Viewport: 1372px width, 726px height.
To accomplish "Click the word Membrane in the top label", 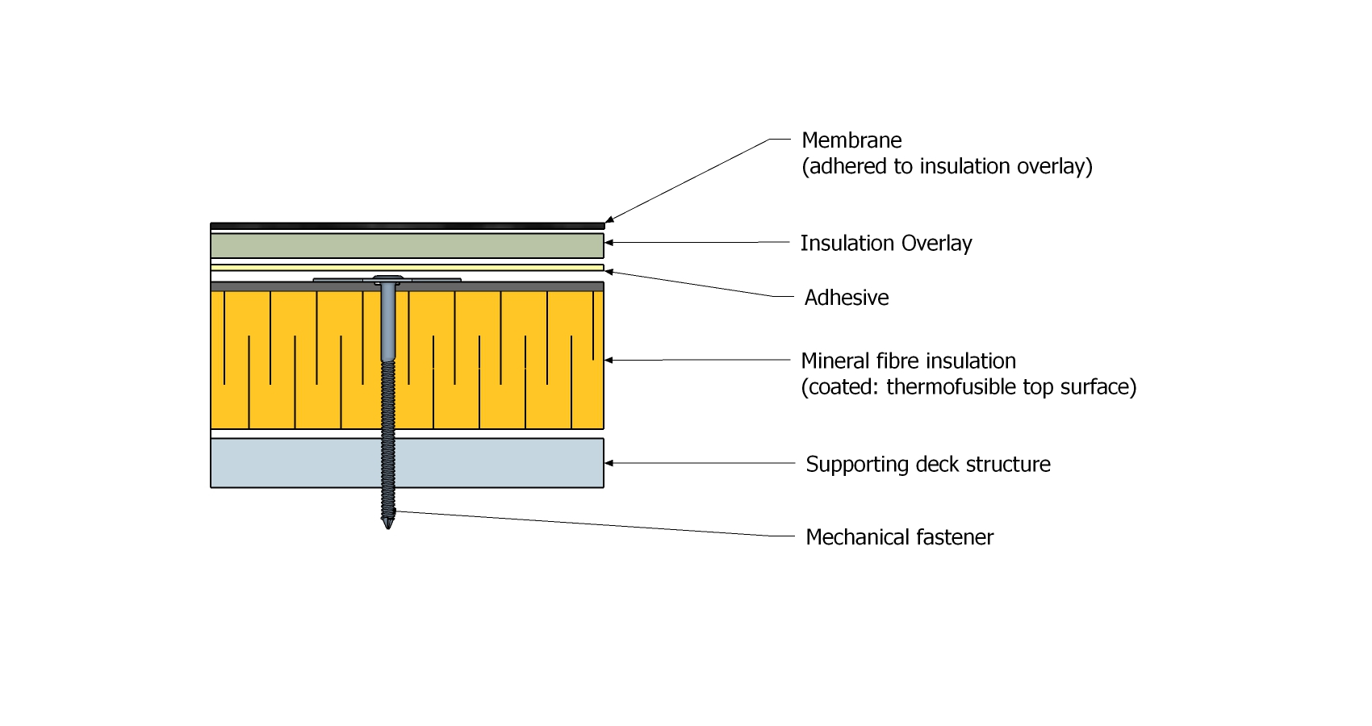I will tap(851, 140).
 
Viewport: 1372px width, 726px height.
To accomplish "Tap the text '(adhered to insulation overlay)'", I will tap(947, 166).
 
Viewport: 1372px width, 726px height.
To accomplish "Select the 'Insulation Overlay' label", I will tap(885, 244).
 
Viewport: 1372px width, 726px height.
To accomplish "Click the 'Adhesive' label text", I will tap(847, 298).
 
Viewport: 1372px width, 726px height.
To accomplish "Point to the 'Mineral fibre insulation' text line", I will tap(908, 361).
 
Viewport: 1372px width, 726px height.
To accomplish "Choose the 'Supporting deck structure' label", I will tap(928, 465).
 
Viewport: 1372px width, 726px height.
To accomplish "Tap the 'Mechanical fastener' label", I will tap(899, 537).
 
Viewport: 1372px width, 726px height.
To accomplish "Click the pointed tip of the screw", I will tap(388, 525).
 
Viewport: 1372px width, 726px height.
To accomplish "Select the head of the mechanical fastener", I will tap(387, 280).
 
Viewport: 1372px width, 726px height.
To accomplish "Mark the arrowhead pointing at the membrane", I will tap(609, 219).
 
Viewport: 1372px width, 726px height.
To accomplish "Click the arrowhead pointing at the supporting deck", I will tap(609, 463).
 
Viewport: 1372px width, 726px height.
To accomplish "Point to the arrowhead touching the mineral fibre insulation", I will tap(609, 360).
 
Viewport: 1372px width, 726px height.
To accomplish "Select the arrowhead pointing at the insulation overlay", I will tap(609, 242).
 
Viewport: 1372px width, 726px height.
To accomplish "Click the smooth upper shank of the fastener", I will tap(387, 323).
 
